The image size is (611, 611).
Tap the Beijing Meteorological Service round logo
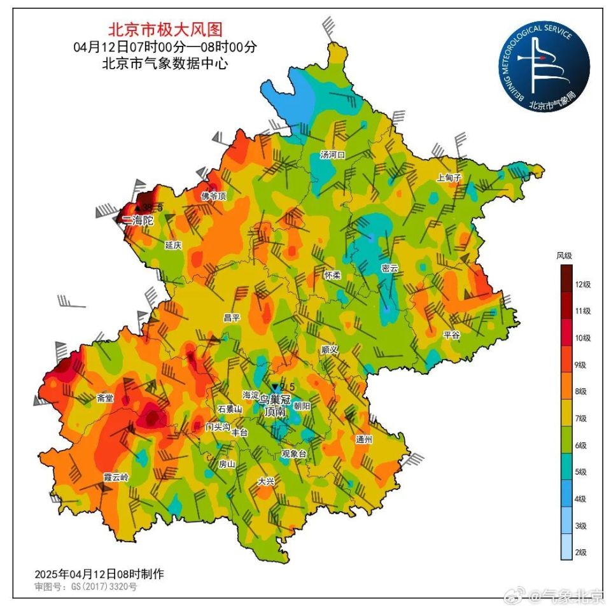pos(543,66)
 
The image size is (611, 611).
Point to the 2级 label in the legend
pos(580,552)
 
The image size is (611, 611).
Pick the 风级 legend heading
pos(564,255)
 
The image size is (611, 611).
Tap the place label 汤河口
pos(332,155)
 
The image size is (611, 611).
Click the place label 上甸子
pos(448,178)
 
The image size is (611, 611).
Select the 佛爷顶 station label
pos(214,196)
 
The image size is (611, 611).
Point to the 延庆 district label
pos(173,244)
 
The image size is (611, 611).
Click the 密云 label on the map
pos(390,268)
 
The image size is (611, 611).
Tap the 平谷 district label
pos(451,334)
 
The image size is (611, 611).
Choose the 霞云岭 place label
pos(116,477)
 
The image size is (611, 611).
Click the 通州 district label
pos(364,439)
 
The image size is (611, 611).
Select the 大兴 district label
pos(265,482)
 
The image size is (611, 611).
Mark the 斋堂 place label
pos(105,398)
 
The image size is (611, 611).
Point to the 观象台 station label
pos(294,454)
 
